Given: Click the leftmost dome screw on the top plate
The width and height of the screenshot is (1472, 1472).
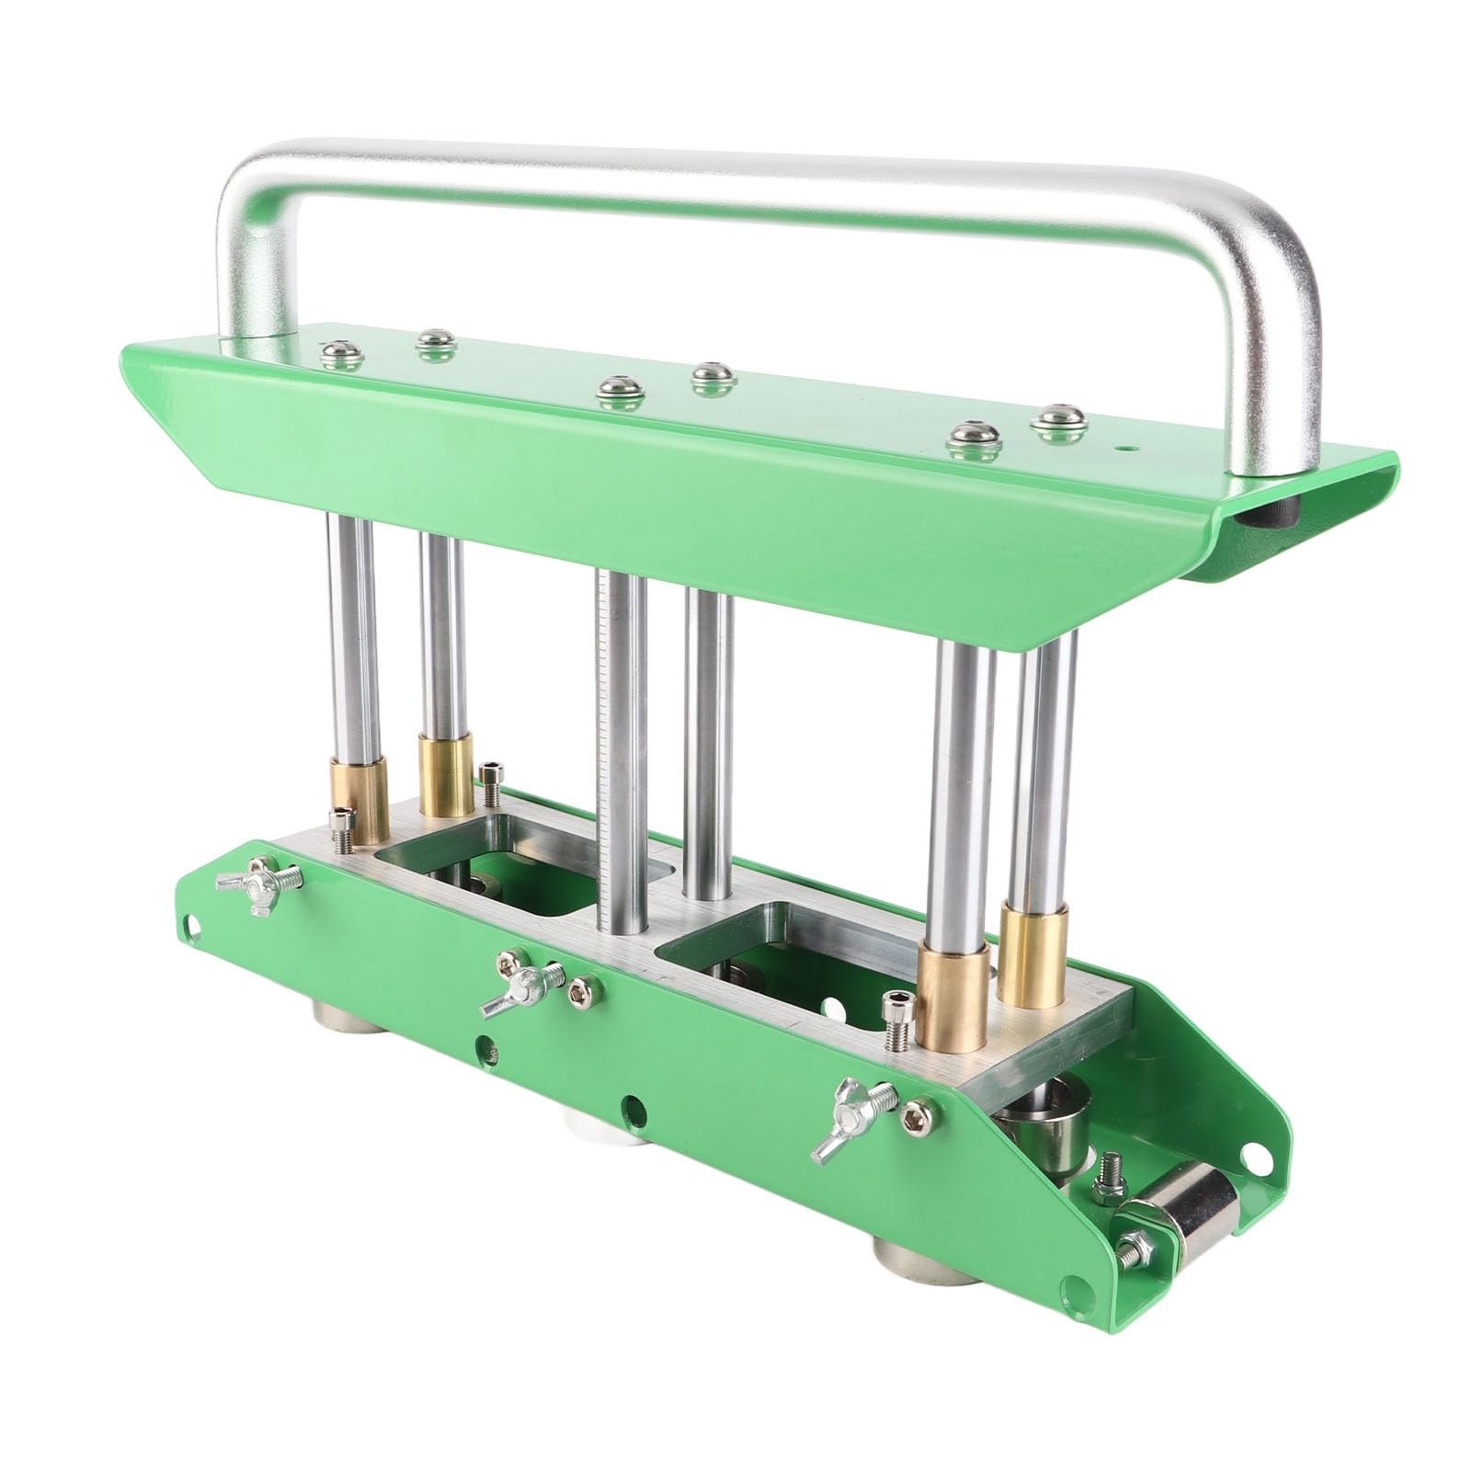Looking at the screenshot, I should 337,350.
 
